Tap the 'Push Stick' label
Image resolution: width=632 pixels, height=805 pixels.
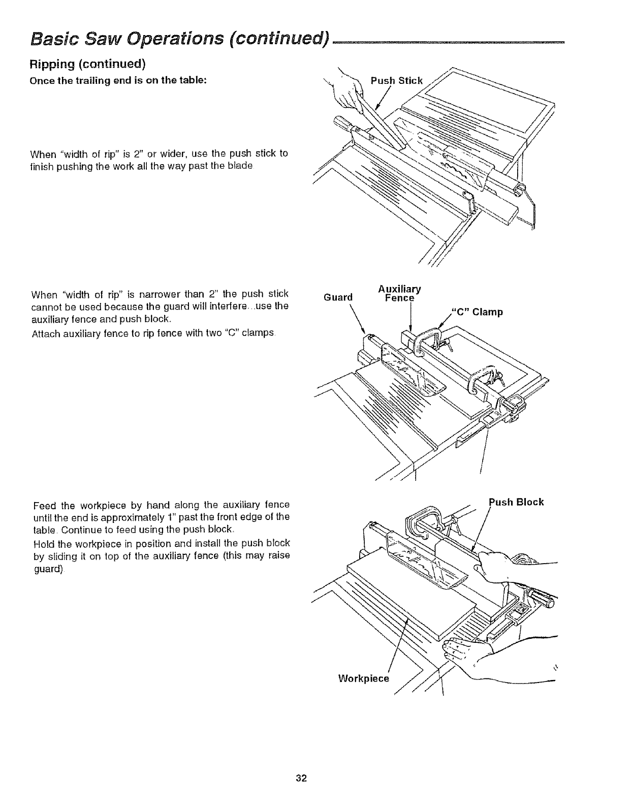[x=396, y=80]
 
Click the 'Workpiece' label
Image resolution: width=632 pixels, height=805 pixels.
[x=363, y=678]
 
